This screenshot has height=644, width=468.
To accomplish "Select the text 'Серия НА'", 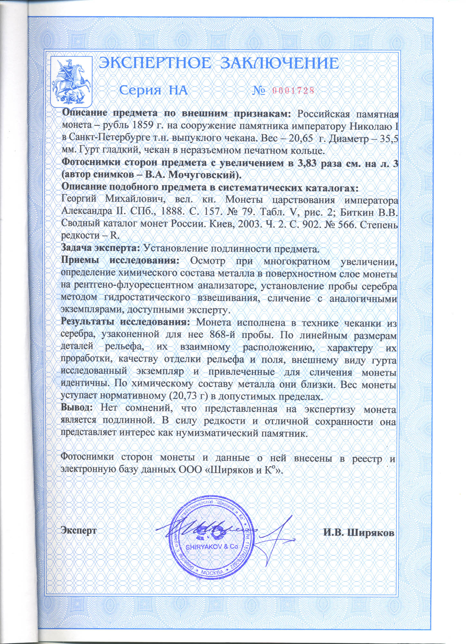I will tap(153, 90).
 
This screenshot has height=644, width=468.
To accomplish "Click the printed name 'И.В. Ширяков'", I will tap(359, 533).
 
